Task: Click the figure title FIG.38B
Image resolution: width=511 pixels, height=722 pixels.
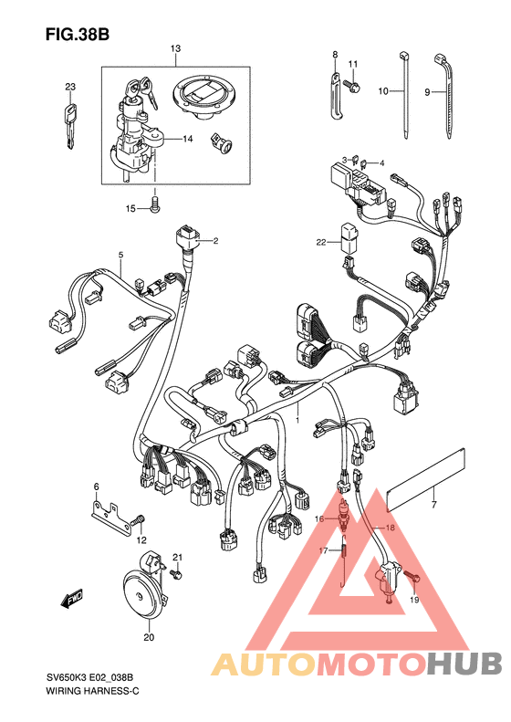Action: pyautogui.click(x=78, y=35)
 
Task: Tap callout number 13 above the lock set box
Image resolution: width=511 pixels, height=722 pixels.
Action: pyautogui.click(x=175, y=48)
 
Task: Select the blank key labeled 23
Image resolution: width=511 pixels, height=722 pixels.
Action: pyautogui.click(x=70, y=126)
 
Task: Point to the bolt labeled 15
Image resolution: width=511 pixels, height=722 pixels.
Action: pyautogui.click(x=156, y=204)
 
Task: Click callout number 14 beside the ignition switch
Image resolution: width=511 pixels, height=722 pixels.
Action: pyautogui.click(x=187, y=139)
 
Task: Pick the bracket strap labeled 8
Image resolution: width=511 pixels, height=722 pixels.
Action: pyautogui.click(x=336, y=96)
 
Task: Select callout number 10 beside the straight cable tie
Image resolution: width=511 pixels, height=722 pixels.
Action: pyautogui.click(x=383, y=91)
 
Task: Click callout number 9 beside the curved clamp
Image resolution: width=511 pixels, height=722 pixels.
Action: pyautogui.click(x=427, y=92)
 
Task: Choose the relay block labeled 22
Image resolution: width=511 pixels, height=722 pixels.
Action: pyautogui.click(x=349, y=238)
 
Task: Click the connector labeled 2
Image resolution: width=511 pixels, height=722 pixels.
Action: pyautogui.click(x=187, y=240)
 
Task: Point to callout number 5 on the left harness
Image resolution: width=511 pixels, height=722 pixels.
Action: pyautogui.click(x=120, y=255)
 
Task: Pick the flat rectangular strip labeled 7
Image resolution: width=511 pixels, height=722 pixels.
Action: pyautogui.click(x=427, y=479)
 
